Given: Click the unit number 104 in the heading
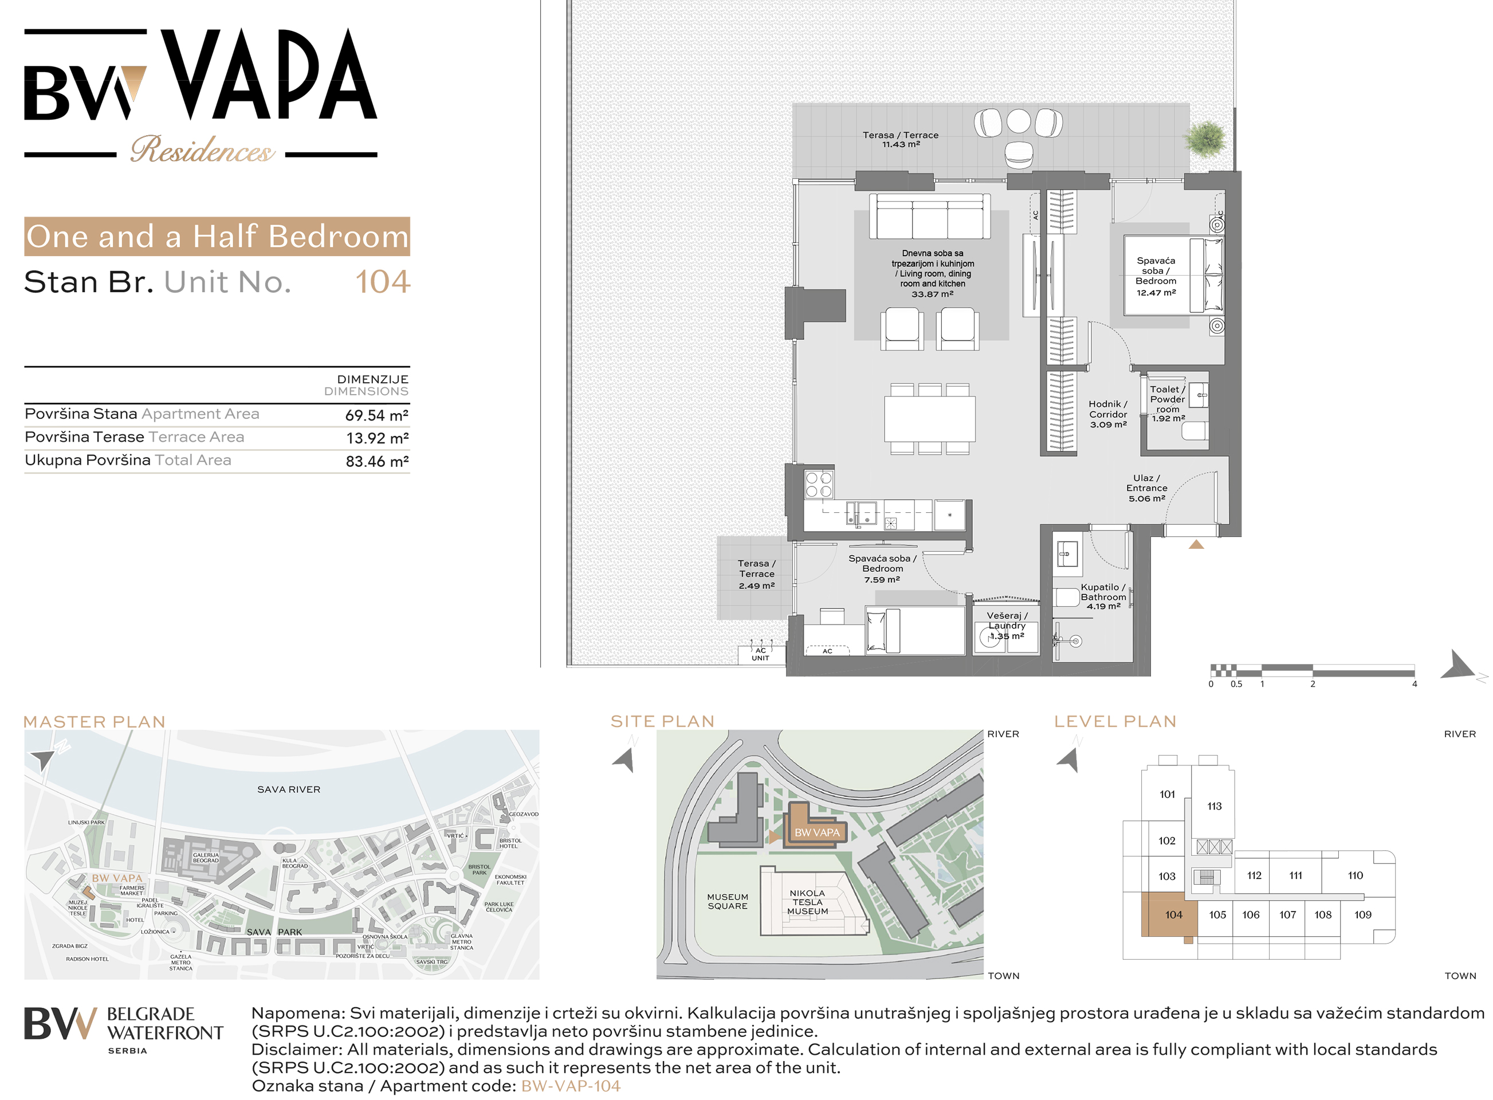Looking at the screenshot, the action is pos(382,282).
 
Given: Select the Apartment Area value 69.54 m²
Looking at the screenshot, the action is pos(376,415).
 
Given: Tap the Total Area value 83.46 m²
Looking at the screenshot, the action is pos(377,461).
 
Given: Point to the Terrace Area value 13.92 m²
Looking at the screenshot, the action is pos(377,438).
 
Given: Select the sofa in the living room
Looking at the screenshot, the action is pos(930,217).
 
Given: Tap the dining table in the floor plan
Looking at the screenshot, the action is pos(930,418).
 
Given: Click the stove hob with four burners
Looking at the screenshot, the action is pos(819,484).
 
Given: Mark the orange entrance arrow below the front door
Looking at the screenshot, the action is pos(1196,544).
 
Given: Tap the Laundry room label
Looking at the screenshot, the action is pos(1007,626).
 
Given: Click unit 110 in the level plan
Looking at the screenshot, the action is pos(1355,875).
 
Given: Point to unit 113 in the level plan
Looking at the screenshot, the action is pos(1214,806).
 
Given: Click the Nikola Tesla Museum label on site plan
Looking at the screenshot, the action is pos(807,902).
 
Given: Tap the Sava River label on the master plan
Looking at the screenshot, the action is pos(289,789).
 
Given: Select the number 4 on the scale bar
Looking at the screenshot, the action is pos(1415,684).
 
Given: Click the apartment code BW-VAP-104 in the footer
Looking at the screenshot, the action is pos(571,1086).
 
